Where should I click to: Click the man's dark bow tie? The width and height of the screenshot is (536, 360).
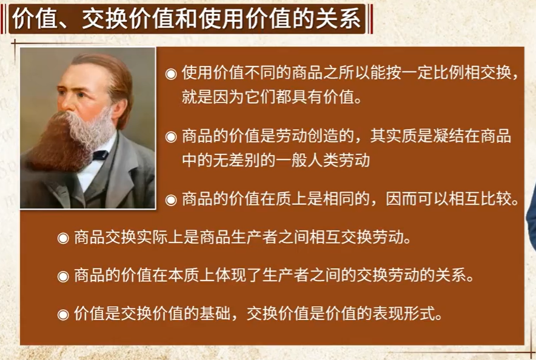(101, 155)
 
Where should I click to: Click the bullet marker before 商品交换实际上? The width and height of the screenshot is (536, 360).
(63, 238)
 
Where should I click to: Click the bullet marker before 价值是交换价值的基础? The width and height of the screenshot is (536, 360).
(63, 315)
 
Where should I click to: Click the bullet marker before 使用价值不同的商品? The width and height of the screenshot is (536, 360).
(171, 74)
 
